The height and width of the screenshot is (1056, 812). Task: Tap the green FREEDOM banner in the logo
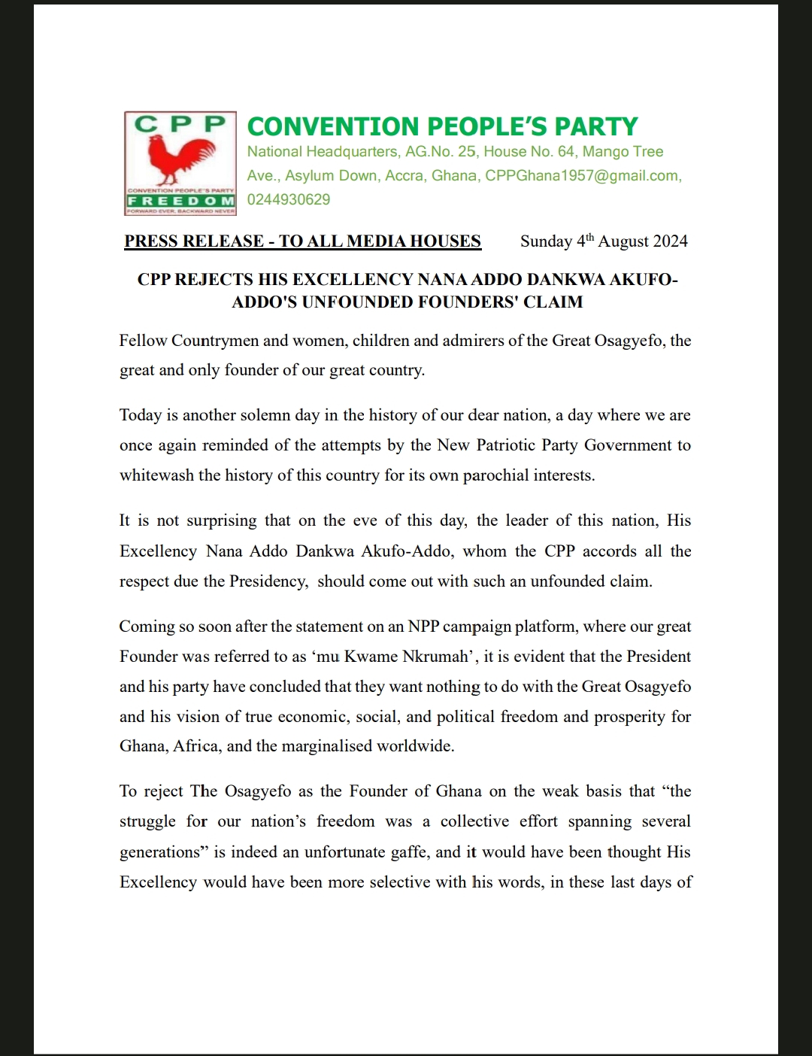[x=180, y=202]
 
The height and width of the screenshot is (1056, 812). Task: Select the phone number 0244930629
[x=289, y=199]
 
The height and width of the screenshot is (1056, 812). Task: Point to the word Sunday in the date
[x=547, y=241]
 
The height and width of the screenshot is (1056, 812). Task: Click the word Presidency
[x=268, y=581]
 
